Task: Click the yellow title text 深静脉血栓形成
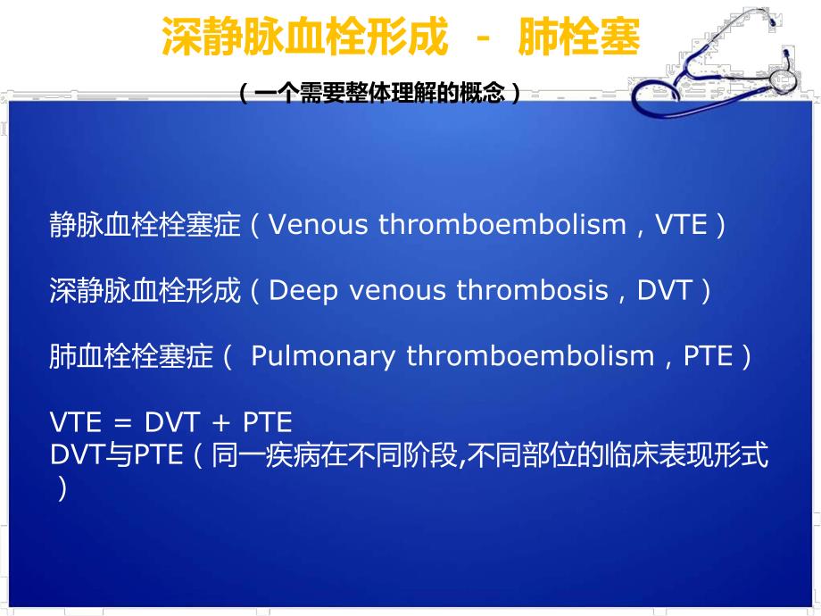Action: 303,40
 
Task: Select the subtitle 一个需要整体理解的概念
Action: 379,93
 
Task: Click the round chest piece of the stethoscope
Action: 783,80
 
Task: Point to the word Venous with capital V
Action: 319,225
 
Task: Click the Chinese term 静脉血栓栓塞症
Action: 145,226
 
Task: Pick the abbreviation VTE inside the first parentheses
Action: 681,225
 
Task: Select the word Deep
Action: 296,291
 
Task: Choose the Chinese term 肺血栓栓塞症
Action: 132,357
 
